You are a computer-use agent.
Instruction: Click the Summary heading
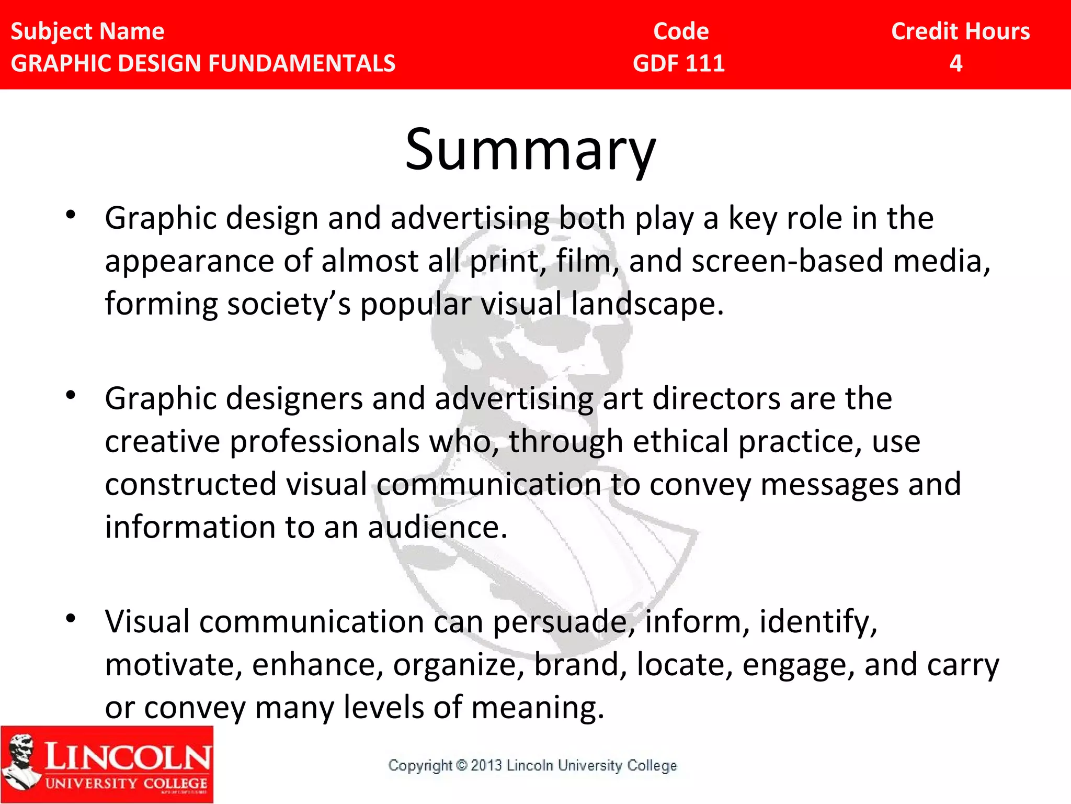point(530,150)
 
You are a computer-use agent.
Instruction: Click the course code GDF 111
point(679,63)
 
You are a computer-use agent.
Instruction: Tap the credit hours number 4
point(956,63)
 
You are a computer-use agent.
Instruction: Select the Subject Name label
point(87,31)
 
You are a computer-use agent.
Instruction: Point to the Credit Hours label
point(961,31)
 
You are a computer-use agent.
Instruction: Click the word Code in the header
point(681,31)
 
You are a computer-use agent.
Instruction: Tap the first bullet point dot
point(71,215)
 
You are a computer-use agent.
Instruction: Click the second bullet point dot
point(71,395)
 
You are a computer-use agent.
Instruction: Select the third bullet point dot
point(71,618)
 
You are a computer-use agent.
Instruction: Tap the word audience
point(437,527)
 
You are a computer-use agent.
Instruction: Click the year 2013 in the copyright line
point(486,765)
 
